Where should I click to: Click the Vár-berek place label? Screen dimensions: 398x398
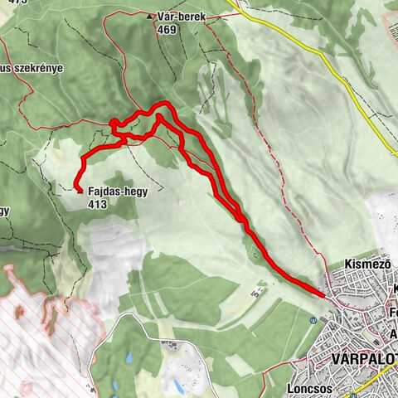(180, 16)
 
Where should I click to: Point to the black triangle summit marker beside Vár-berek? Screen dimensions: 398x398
(150, 16)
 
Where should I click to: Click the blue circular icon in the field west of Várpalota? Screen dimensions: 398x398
(312, 319)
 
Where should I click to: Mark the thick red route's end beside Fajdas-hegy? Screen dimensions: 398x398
(76, 190)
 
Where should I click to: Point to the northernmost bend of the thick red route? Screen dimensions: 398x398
(166, 104)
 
